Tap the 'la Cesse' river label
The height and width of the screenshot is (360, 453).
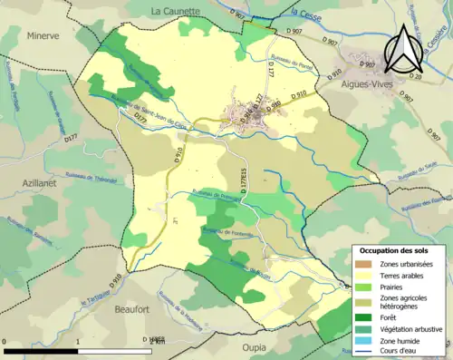[x=311, y=14]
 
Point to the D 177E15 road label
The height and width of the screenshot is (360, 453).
[x=243, y=183]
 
